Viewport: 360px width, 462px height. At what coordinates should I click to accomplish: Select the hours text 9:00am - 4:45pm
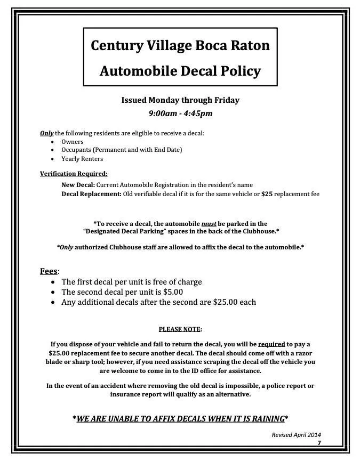pos(180,113)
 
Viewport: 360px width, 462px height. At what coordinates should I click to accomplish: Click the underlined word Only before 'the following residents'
pos(46,133)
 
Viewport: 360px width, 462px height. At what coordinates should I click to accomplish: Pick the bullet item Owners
pos(73,142)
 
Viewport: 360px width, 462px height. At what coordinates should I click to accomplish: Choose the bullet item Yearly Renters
pos(82,159)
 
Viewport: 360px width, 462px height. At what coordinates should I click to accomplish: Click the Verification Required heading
pos(74,173)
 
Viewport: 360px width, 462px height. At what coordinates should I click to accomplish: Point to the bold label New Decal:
pos(78,184)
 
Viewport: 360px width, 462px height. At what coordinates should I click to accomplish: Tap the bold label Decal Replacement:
pos(91,194)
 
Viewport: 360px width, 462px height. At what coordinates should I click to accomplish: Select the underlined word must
pos(209,224)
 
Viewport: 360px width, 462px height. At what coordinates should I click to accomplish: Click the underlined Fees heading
pos(49,271)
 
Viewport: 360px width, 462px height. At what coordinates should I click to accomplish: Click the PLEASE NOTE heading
pos(180,329)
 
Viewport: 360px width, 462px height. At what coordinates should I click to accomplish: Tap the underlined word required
pos(271,344)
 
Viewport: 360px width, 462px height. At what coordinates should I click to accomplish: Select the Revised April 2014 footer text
pos(296,435)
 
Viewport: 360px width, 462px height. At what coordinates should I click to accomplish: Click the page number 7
pos(319,443)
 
